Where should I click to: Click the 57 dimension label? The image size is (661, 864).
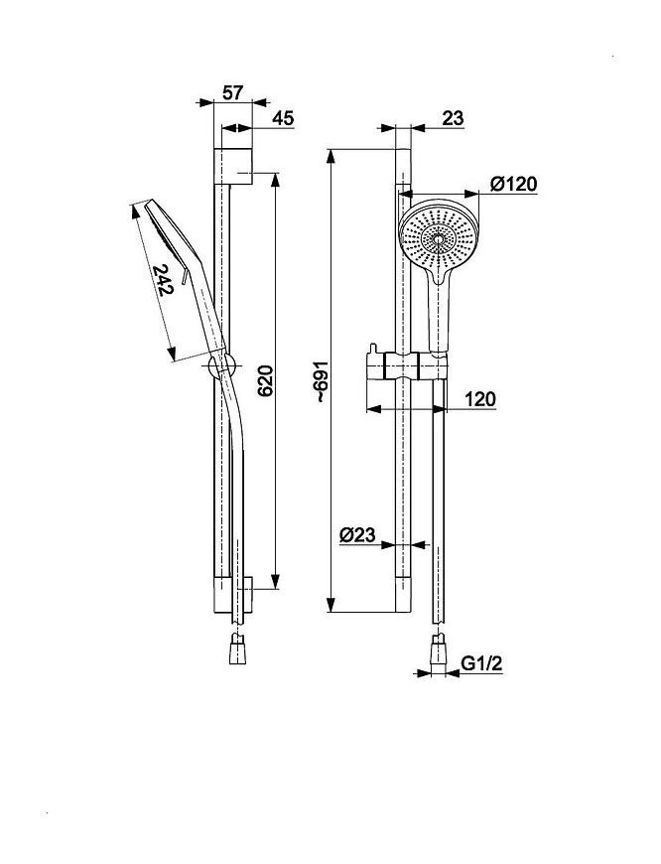(232, 92)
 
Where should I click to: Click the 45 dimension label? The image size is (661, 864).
(284, 118)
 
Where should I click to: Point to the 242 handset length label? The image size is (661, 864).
(163, 280)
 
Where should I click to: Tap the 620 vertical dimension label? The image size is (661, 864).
(266, 380)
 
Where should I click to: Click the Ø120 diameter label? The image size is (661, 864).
(513, 184)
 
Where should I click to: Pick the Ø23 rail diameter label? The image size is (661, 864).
(357, 534)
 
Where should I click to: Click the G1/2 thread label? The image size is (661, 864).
(481, 663)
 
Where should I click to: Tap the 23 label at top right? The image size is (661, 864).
(453, 118)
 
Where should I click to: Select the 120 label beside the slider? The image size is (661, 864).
(480, 398)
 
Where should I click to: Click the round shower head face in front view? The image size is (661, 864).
(438, 234)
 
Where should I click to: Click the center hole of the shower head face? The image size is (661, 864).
(439, 239)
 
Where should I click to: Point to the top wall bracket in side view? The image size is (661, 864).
(232, 166)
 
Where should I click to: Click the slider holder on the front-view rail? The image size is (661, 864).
(406, 364)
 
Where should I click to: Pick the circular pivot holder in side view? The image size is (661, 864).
(222, 365)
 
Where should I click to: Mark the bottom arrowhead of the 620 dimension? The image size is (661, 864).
(276, 582)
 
